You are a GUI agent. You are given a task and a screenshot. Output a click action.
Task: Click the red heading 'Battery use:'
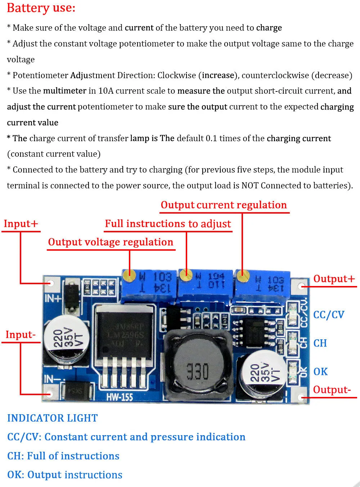pyautogui.click(x=41, y=8)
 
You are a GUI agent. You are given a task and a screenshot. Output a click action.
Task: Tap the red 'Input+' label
pyautogui.click(x=21, y=224)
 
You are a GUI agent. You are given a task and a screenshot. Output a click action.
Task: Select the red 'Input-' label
pyautogui.click(x=21, y=335)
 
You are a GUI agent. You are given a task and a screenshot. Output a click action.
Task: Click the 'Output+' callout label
pyautogui.click(x=334, y=279)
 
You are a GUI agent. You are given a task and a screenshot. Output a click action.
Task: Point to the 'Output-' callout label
pyautogui.click(x=332, y=390)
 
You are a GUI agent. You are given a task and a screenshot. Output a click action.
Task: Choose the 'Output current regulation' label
pyautogui.click(x=224, y=205)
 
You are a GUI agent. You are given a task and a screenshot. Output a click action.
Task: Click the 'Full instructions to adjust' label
pyautogui.click(x=168, y=224)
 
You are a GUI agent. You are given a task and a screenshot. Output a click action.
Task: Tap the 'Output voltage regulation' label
pyautogui.click(x=111, y=242)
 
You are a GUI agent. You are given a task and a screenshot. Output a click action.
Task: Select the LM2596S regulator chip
pyautogui.click(x=126, y=335)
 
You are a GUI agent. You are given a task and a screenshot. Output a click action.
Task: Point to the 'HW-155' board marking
pyautogui.click(x=120, y=397)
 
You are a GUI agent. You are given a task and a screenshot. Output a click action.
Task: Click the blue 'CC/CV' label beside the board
pyautogui.click(x=328, y=315)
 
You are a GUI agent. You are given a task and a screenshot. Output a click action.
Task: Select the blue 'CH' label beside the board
pyautogui.click(x=320, y=343)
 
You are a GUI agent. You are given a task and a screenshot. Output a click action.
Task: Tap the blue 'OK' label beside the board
pyautogui.click(x=320, y=372)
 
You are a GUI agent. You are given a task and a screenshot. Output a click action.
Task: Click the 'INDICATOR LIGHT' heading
pyautogui.click(x=53, y=418)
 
